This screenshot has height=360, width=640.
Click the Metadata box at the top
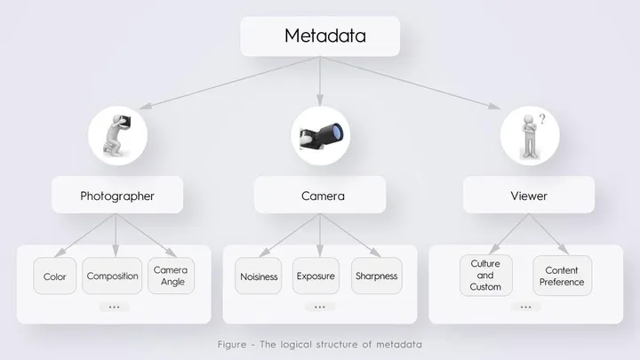(x=320, y=36)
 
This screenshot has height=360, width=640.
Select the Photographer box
(x=117, y=196)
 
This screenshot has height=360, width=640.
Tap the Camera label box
(x=320, y=196)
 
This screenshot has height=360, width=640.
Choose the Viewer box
(x=528, y=196)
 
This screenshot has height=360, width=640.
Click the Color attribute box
(x=55, y=276)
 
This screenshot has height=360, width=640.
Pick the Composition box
(x=113, y=276)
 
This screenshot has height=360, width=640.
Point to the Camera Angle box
(x=170, y=276)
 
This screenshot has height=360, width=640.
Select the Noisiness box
(x=259, y=276)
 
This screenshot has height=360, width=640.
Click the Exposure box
(x=316, y=276)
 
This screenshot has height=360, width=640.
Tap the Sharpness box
(x=375, y=276)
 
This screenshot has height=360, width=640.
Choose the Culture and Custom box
(x=485, y=276)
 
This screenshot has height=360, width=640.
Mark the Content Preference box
(x=562, y=276)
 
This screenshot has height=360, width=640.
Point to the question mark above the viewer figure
(x=541, y=117)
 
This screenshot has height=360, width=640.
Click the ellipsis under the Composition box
(x=114, y=307)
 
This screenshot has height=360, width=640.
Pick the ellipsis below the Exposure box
(x=319, y=307)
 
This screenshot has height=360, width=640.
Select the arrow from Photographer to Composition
(x=116, y=233)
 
